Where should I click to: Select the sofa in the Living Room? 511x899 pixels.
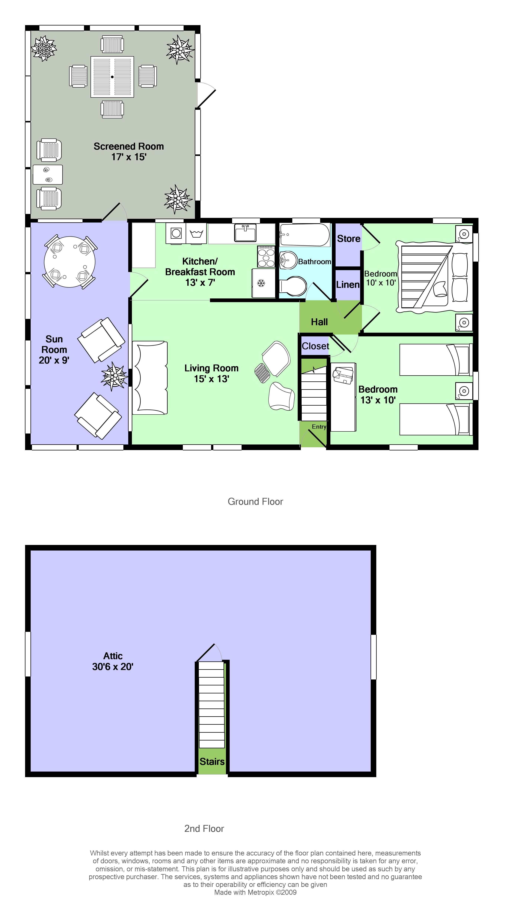[150, 378]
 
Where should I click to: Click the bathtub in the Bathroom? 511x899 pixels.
[305, 235]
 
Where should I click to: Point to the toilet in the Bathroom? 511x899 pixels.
[294, 286]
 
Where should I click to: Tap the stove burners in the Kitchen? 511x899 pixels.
[266, 256]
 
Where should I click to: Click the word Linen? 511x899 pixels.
[347, 284]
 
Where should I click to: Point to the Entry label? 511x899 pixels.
[319, 426]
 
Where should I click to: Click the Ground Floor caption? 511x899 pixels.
[255, 502]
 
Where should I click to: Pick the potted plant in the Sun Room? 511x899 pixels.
[114, 376]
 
